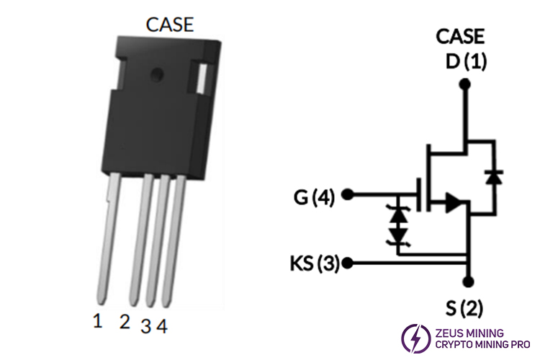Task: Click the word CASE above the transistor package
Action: (x=170, y=24)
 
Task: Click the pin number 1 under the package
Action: (x=98, y=321)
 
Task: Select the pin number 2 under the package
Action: (x=125, y=321)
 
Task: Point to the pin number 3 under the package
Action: (x=145, y=326)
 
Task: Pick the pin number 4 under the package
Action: (x=162, y=326)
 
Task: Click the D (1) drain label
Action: (x=466, y=61)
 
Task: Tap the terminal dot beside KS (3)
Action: (x=348, y=262)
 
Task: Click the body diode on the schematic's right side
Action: (x=495, y=176)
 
